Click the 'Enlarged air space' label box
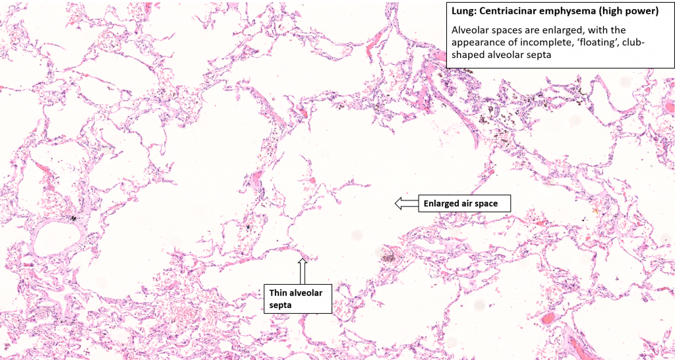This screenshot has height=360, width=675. tap(464, 204)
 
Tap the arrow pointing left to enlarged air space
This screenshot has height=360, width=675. tap(405, 204)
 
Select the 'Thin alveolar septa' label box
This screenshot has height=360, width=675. tap(296, 298)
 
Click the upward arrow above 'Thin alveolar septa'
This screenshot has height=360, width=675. tap(303, 270)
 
